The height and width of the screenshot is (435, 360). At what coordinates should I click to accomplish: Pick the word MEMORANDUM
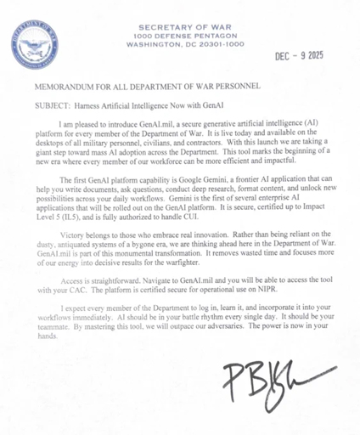pos(69,88)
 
